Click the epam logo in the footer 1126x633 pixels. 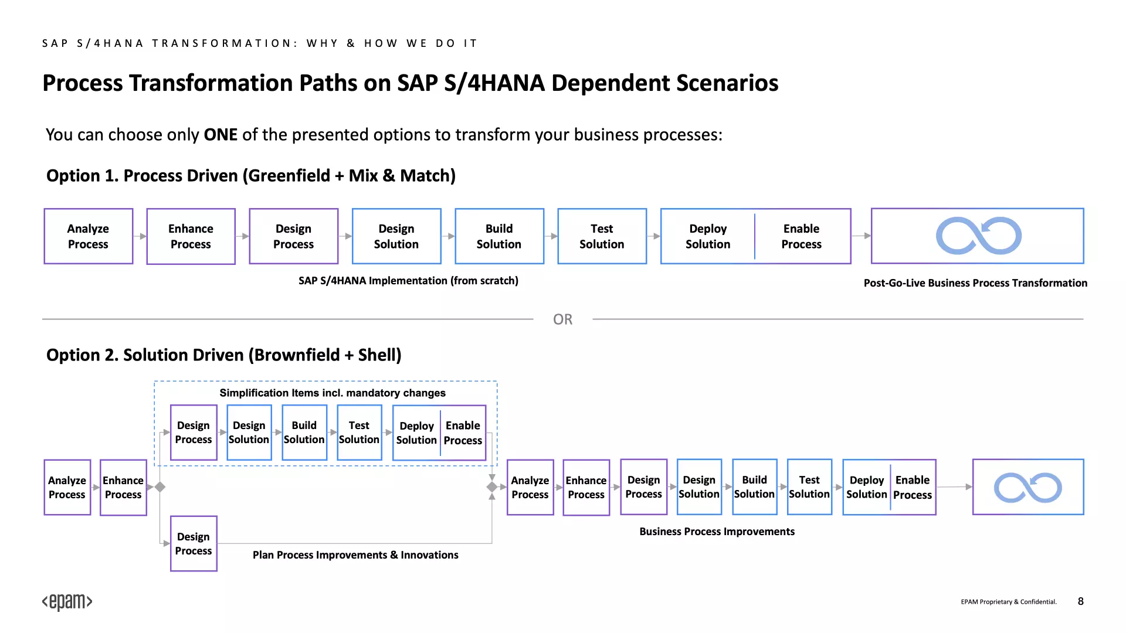(x=67, y=602)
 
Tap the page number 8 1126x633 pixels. (x=1080, y=601)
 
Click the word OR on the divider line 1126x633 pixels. (x=562, y=319)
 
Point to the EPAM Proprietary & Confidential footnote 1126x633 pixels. (x=1009, y=602)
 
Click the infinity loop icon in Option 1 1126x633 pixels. (x=979, y=236)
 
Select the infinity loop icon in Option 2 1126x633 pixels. (x=1028, y=488)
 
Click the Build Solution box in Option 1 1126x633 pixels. (x=499, y=236)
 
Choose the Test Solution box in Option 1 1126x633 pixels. (x=602, y=236)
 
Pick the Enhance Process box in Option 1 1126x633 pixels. (x=191, y=236)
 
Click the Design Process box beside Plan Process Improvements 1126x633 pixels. (x=194, y=543)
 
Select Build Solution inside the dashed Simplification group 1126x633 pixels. (x=304, y=433)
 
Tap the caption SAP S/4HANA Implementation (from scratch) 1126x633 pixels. (x=408, y=281)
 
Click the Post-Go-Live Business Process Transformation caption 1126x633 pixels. (x=975, y=283)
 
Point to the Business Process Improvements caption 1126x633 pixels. (x=717, y=532)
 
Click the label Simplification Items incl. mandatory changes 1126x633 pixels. (x=333, y=393)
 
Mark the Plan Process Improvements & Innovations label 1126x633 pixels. (x=355, y=555)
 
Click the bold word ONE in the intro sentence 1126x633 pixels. (x=221, y=135)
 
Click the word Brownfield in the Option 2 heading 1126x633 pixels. (x=297, y=355)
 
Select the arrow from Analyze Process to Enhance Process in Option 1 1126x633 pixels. (x=140, y=236)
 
